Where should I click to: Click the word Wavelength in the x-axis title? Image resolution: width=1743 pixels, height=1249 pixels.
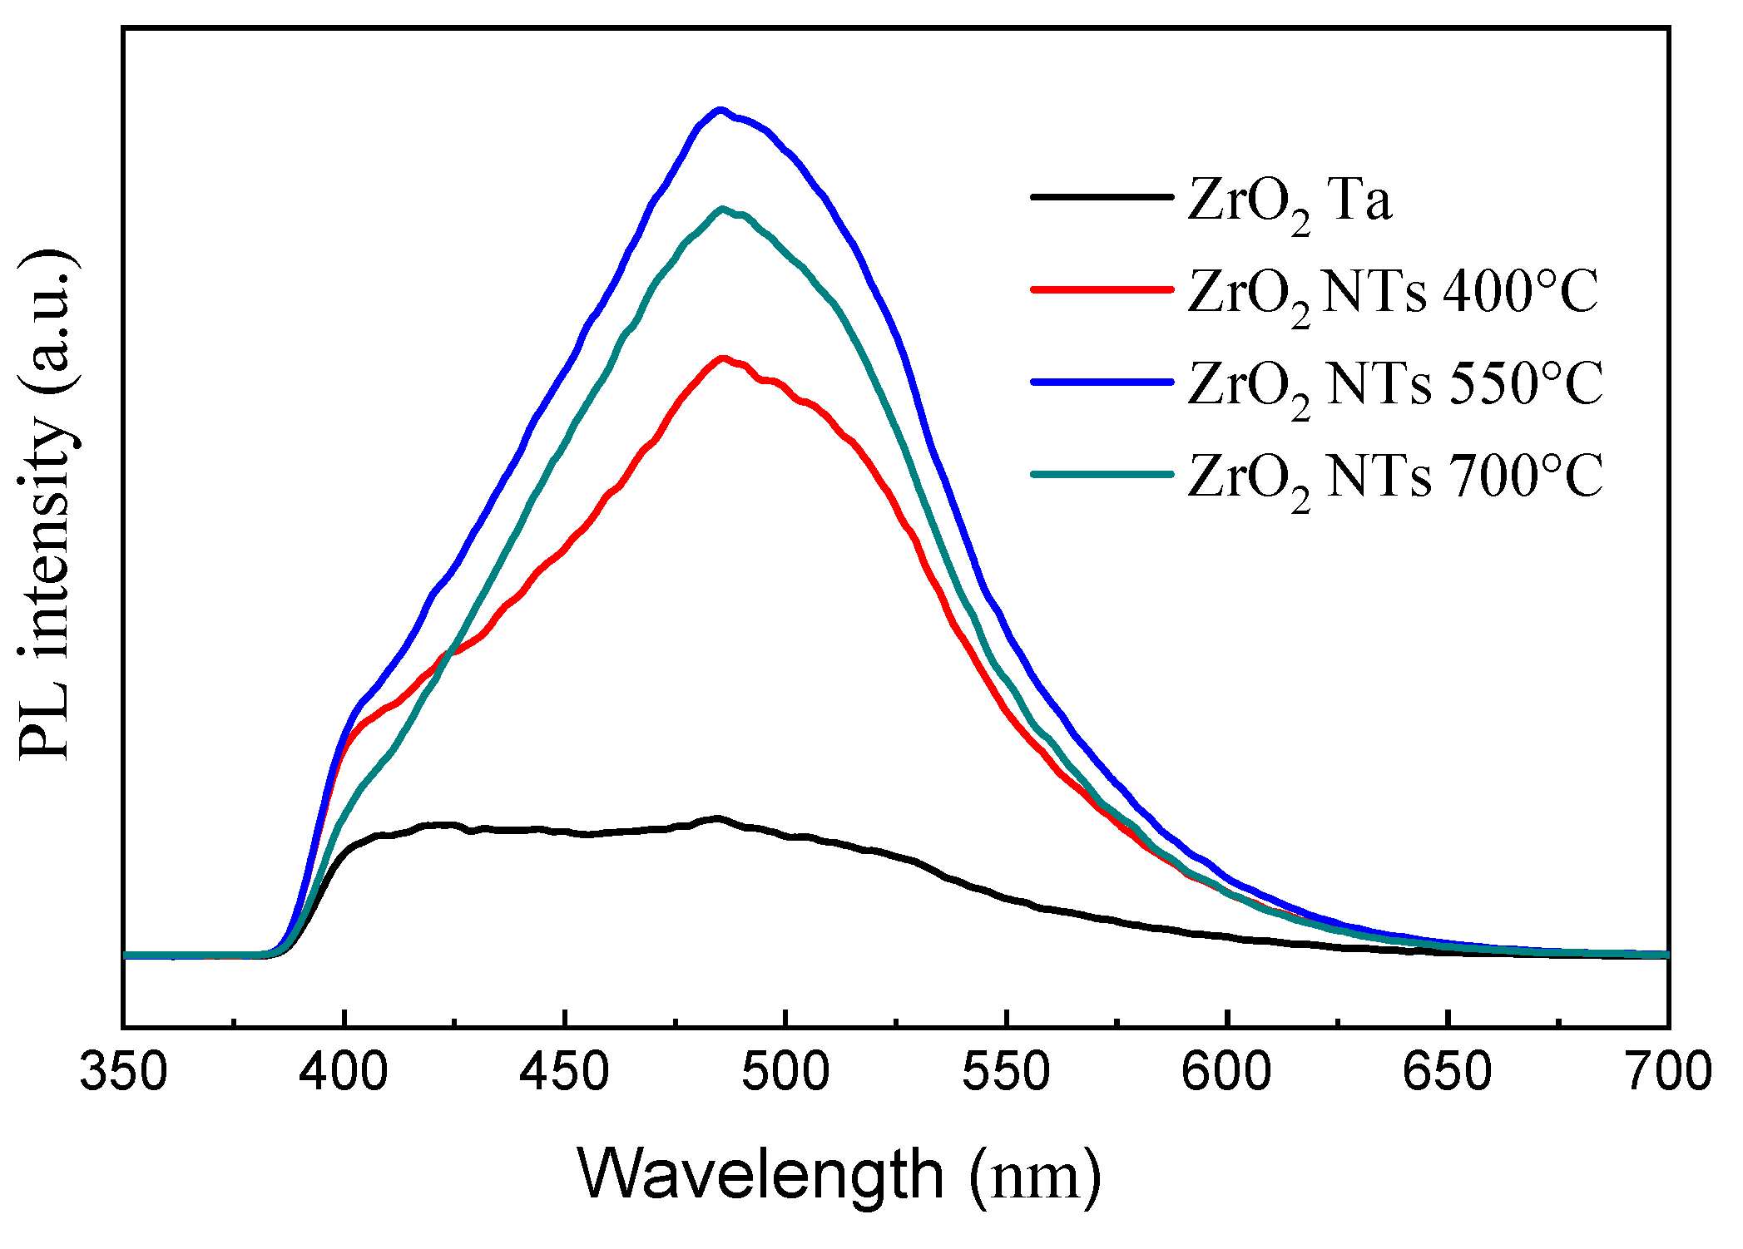coord(760,1175)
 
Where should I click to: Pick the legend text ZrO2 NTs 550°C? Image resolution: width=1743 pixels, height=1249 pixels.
coord(1394,386)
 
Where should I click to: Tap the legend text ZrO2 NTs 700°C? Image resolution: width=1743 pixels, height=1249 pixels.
coord(1394,478)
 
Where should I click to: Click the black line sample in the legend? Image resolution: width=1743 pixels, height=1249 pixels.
coord(1101,197)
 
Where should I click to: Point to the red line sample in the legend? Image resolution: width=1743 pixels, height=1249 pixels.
coord(1101,289)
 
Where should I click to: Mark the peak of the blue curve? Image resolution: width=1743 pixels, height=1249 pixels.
coord(720,110)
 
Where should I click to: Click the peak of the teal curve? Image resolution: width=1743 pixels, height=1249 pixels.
coord(722,209)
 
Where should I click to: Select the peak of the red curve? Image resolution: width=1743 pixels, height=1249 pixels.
coord(722,358)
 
